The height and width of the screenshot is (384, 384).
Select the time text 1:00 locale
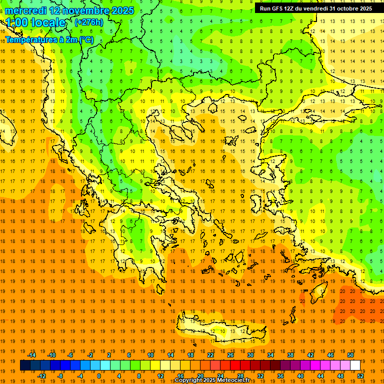[x=35, y=22]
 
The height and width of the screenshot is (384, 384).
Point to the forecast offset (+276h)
[x=89, y=22]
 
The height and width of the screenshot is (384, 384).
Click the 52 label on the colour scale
[x=361, y=376]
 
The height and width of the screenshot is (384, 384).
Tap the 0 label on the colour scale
[x=99, y=376]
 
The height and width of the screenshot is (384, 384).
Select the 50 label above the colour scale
[x=350, y=355]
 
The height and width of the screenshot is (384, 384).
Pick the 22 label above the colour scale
[x=210, y=355]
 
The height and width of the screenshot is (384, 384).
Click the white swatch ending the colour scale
[x=355, y=365]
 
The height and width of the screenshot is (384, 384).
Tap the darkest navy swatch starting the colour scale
[x=25, y=365]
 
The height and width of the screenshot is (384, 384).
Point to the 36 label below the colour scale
[x=280, y=376]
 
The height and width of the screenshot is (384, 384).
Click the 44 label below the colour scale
[x=320, y=376]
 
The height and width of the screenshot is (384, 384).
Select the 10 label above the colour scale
[x=150, y=355]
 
